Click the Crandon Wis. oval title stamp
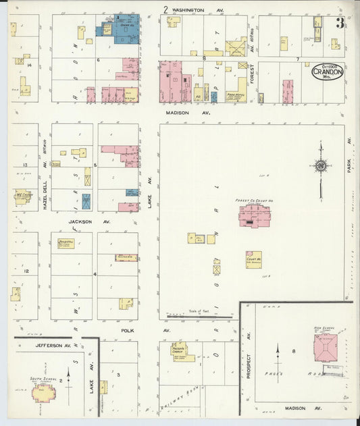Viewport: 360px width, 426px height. click(x=327, y=70)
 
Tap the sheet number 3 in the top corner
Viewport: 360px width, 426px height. click(x=340, y=23)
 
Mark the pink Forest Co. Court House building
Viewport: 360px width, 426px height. click(x=253, y=216)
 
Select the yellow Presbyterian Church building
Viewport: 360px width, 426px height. click(x=180, y=352)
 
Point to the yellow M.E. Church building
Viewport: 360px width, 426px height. click(x=22, y=198)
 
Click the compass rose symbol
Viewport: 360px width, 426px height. click(x=320, y=166)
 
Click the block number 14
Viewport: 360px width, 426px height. click(x=30, y=65)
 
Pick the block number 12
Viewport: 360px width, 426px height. click(x=26, y=271)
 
